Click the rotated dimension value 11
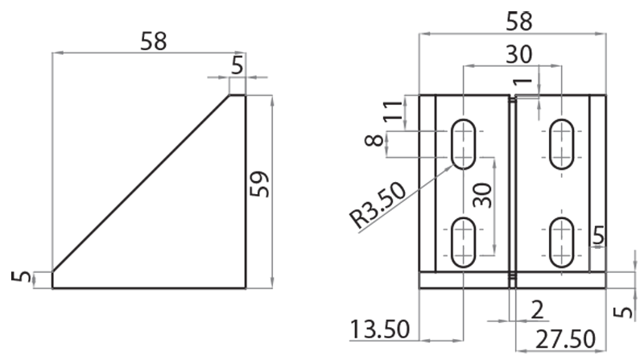[x=393, y=110]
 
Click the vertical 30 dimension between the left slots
[x=481, y=193]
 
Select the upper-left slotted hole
[x=463, y=144]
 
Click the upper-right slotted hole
[x=561, y=144]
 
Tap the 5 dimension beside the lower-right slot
[x=597, y=235]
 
